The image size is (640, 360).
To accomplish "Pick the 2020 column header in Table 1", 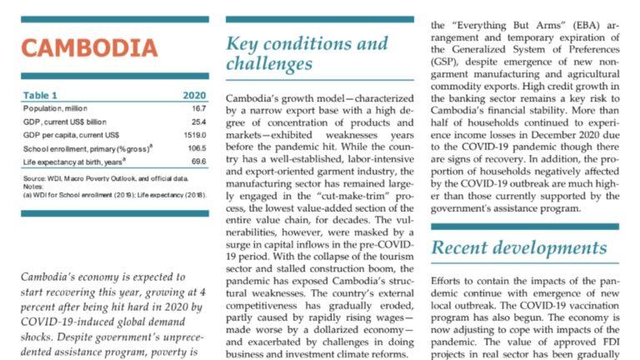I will point(193,95).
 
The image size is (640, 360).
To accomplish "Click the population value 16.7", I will point(198,108).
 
